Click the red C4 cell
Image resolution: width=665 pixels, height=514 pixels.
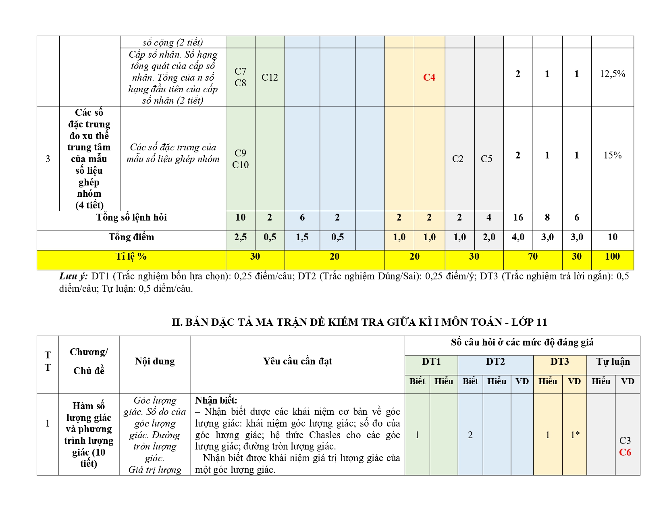click(x=429, y=77)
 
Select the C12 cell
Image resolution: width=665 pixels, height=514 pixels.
click(x=270, y=77)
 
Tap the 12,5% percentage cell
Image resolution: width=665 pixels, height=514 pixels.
click(x=612, y=74)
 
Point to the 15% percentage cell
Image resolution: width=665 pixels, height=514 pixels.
click(x=612, y=155)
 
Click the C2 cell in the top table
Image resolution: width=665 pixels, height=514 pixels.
click(x=458, y=159)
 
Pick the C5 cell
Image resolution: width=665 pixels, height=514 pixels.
click(x=486, y=159)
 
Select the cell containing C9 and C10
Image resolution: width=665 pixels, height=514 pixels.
click(x=240, y=159)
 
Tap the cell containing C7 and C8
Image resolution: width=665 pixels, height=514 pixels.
click(x=240, y=77)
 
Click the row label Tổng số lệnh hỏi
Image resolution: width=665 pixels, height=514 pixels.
click(x=131, y=218)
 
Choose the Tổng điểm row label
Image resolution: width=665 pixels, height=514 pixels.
click(x=131, y=237)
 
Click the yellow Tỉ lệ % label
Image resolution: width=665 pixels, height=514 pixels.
click(x=131, y=256)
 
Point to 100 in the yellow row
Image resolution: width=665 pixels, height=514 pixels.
click(x=612, y=256)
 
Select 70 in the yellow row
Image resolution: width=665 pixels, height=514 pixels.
click(x=533, y=256)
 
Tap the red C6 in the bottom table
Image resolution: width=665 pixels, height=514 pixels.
click(x=625, y=452)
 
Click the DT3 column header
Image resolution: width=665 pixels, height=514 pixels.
click(x=559, y=362)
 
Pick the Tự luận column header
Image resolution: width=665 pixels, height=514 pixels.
click(x=613, y=362)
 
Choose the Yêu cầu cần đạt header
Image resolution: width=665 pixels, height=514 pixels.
click(x=297, y=361)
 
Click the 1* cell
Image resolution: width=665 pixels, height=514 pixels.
click(x=575, y=435)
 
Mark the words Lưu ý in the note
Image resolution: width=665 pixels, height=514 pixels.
click(x=73, y=276)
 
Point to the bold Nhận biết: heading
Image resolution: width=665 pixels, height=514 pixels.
click(x=216, y=400)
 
